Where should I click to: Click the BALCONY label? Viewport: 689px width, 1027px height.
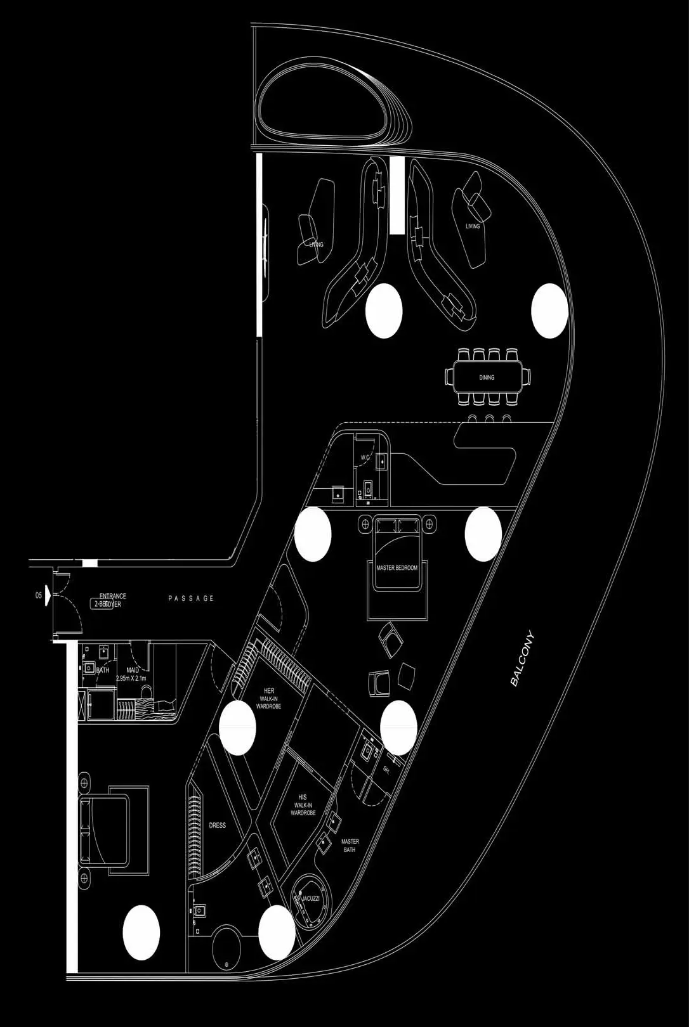[x=523, y=659]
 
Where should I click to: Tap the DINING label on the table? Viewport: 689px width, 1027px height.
[x=487, y=377]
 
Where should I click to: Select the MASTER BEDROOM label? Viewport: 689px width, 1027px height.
[x=397, y=568]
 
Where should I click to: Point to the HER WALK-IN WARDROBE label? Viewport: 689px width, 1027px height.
[x=268, y=698]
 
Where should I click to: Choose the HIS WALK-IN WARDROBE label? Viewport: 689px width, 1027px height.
[x=303, y=805]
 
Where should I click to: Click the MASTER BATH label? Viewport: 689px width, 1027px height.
[x=350, y=845]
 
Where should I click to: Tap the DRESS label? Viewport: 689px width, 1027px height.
[x=217, y=825]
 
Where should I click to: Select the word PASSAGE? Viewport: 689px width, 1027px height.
[x=191, y=598]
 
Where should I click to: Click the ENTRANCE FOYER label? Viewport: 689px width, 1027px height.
[x=112, y=600]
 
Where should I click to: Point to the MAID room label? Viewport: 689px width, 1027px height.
[x=133, y=674]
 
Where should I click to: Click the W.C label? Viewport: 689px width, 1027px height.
[x=365, y=457]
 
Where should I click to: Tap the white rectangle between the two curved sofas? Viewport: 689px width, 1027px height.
[x=397, y=195]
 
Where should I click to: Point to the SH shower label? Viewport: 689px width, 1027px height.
[x=386, y=769]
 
